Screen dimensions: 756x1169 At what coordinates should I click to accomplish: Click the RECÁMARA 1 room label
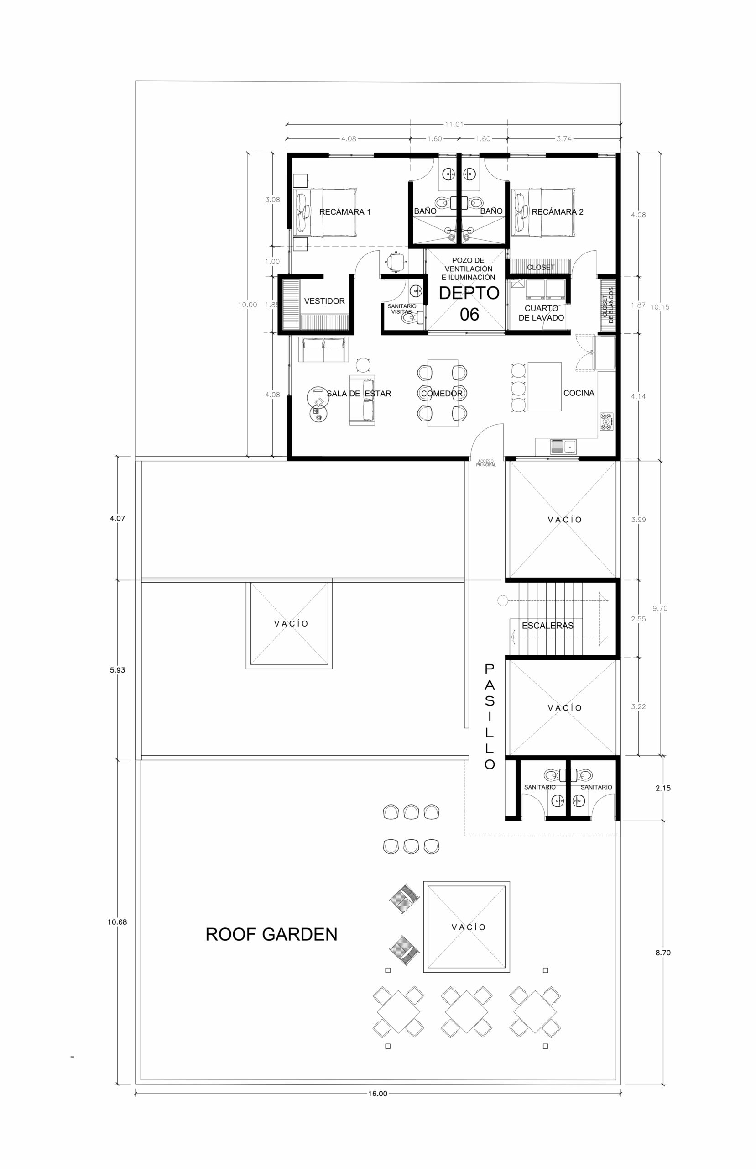pos(344,212)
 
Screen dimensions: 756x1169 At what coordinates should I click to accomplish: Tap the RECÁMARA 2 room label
pos(557,212)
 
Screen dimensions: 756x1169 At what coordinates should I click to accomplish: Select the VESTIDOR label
pos(324,301)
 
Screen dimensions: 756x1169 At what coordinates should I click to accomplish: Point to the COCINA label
pos(579,393)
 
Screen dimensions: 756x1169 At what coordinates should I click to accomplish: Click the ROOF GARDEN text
pos(271,934)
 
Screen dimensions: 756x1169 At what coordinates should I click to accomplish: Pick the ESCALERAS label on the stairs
pos(547,625)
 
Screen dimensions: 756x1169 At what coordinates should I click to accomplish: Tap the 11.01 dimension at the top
pos(454,124)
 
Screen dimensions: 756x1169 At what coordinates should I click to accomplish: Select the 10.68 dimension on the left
pos(117,922)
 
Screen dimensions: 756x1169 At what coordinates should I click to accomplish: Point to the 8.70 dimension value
pos(663,953)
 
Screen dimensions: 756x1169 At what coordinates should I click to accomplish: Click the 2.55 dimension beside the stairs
pos(638,619)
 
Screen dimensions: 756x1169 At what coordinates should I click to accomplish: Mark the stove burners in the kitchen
pos(606,421)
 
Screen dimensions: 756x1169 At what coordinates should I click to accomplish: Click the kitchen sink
pos(563,447)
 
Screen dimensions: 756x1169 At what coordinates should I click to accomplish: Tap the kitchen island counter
pos(544,387)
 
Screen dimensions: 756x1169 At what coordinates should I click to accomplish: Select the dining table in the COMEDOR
pos(442,393)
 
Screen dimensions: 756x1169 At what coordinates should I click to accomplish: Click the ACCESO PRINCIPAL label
pos(486,463)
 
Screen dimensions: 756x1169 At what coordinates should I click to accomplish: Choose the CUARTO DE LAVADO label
pos(541,313)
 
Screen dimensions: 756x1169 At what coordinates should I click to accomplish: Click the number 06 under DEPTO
pos(469,314)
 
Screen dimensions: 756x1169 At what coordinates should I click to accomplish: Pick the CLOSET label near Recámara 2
pos(541,267)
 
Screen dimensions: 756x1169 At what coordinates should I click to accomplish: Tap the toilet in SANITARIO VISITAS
pos(411,318)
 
